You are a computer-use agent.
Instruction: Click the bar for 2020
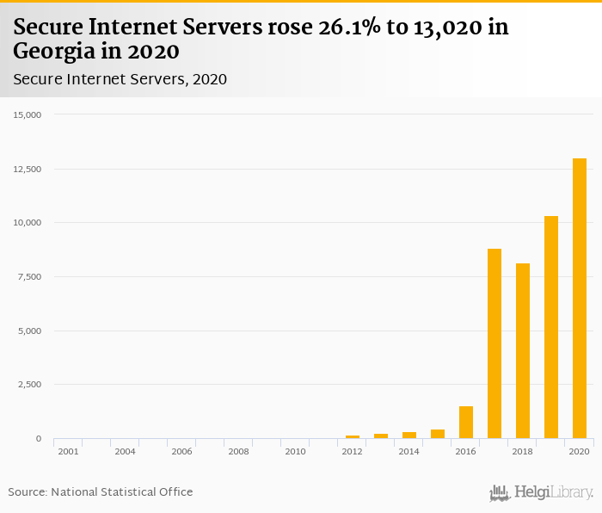tap(580, 299)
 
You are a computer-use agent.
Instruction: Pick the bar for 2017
tap(494, 343)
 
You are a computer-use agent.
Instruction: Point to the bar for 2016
tap(466, 423)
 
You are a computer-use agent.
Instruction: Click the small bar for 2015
tap(438, 434)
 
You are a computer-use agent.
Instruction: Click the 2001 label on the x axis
tap(68, 451)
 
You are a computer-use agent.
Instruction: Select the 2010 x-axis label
tap(295, 451)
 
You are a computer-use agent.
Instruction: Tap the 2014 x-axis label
tap(408, 451)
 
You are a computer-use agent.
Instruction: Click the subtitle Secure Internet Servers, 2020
tap(120, 79)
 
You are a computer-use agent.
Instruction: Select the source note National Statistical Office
tap(122, 491)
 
